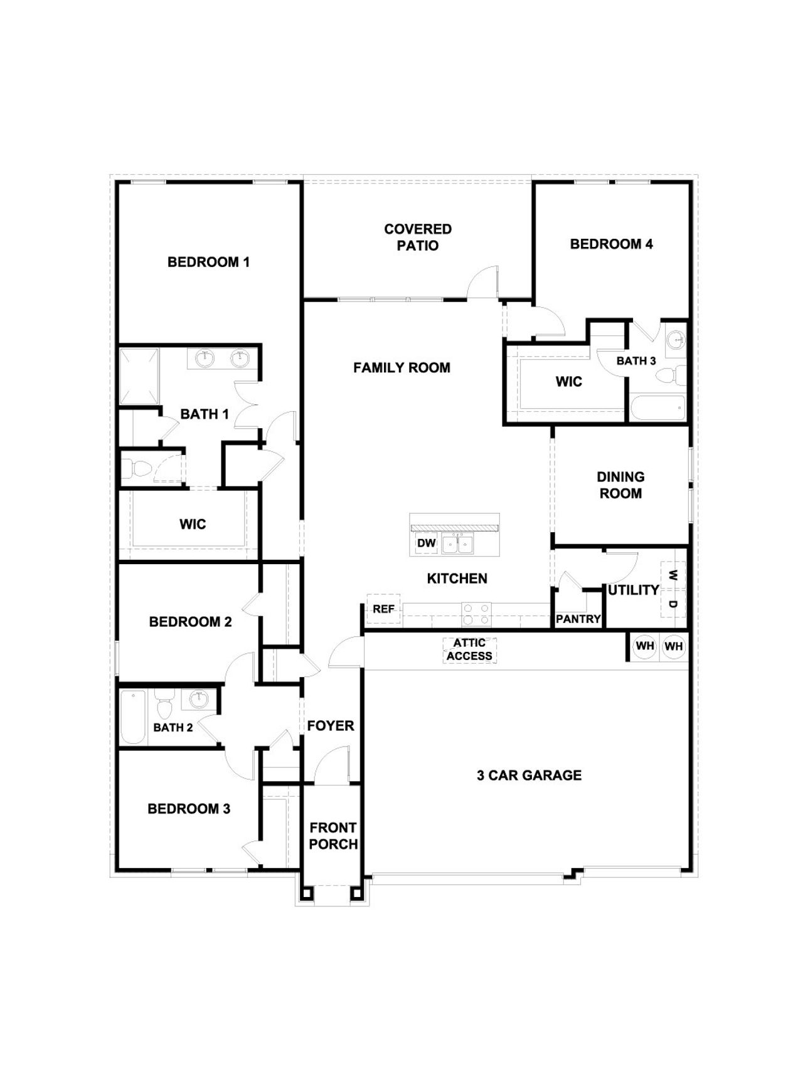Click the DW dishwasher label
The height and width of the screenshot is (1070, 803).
click(x=426, y=543)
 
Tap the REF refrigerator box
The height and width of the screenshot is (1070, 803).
click(x=383, y=609)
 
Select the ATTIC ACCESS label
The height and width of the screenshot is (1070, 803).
click(x=470, y=649)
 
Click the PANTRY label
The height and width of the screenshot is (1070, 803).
click(x=578, y=619)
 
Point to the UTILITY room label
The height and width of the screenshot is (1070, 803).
click(x=634, y=590)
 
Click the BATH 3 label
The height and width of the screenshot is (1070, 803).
click(x=636, y=361)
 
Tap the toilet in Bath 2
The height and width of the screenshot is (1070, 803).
click(x=164, y=706)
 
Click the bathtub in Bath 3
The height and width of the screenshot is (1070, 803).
click(x=657, y=408)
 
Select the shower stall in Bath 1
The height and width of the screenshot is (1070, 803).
click(x=139, y=375)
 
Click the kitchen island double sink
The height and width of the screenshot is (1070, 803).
click(x=458, y=543)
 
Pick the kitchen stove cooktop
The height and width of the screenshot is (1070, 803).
click(x=477, y=614)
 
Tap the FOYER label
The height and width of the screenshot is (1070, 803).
click(x=331, y=726)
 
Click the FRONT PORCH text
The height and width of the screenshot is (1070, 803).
click(x=333, y=836)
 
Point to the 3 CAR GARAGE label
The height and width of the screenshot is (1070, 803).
click(x=529, y=775)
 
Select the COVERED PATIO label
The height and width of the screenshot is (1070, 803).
click(x=418, y=238)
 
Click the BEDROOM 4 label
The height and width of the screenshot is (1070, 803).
click(x=611, y=244)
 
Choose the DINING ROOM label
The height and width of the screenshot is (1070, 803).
click(x=620, y=485)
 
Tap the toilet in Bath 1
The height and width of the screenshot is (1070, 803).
click(x=138, y=468)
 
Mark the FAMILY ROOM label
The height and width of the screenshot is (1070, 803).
click(x=401, y=368)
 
